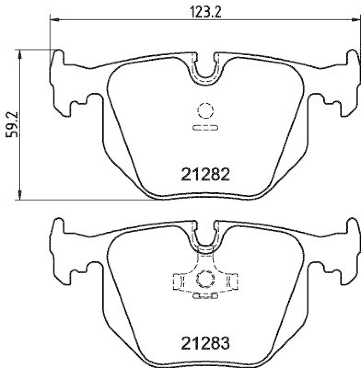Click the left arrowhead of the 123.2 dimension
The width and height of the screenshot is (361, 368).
coord(53,19)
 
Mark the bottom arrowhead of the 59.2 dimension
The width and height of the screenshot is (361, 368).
coord(19,195)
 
